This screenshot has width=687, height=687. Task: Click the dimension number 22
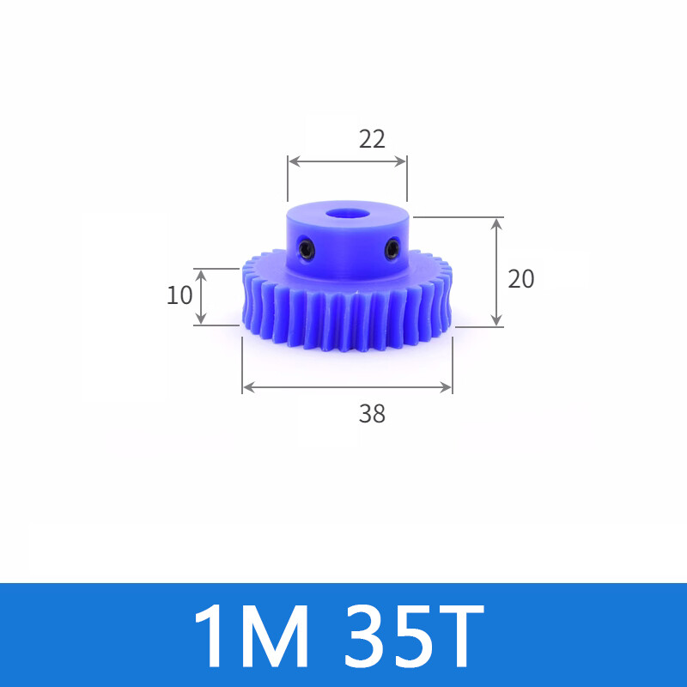tap(372, 138)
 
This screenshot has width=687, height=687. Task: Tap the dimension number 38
tap(372, 414)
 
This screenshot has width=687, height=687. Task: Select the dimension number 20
tap(521, 279)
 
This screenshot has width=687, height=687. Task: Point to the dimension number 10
tap(179, 295)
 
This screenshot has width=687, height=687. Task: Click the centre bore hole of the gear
tap(348, 210)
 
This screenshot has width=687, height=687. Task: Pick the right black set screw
tap(392, 250)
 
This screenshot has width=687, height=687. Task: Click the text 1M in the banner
tap(251, 636)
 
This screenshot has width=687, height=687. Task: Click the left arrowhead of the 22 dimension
tap(292, 161)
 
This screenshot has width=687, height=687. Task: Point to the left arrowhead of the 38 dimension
tap(247, 387)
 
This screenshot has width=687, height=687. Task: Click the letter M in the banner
tap(275, 636)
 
